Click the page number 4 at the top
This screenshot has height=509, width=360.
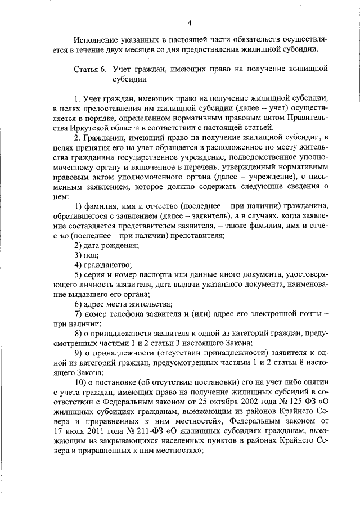(x=190, y=22)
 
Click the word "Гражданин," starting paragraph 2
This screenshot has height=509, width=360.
(x=106, y=138)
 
